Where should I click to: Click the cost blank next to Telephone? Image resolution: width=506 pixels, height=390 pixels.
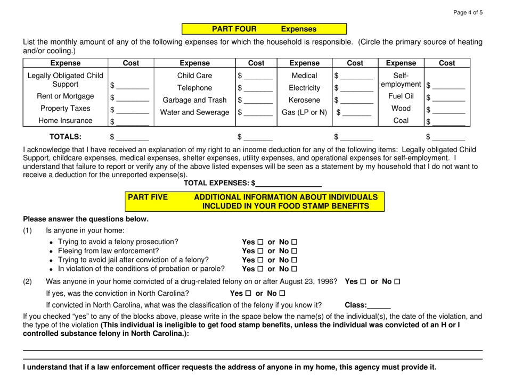point(257,89)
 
